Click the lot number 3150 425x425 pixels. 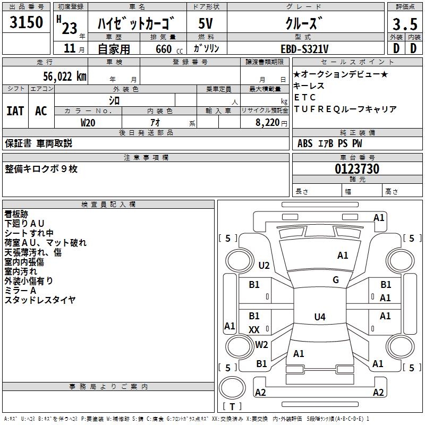tap(27, 23)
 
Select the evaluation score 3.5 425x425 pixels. tap(404, 23)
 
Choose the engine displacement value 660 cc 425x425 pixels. tap(163, 49)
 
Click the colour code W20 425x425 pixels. tap(88, 122)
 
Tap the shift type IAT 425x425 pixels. tap(15, 111)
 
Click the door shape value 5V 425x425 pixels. tap(206, 23)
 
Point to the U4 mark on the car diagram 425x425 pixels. tap(319, 317)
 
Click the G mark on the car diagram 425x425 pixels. tap(336, 280)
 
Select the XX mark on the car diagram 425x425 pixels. tap(254, 330)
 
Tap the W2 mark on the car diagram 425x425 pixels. tap(261, 344)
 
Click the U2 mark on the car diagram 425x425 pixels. tap(264, 266)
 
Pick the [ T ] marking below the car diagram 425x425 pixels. tap(232, 406)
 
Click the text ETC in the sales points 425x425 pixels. tap(305, 97)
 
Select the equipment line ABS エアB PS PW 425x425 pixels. tap(323, 143)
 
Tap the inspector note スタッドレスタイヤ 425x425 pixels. tap(40, 300)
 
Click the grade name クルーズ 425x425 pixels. tap(304, 23)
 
